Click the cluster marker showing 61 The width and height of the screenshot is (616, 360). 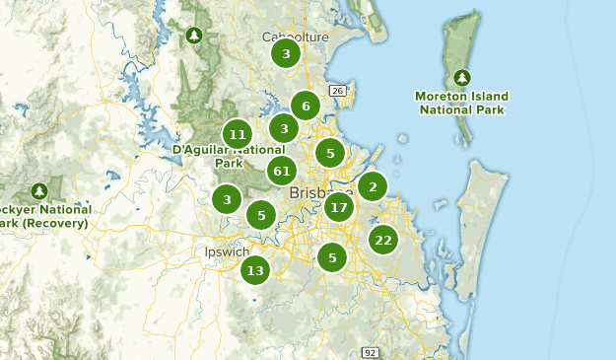pos(282,171)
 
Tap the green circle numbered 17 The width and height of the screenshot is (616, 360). pos(339,207)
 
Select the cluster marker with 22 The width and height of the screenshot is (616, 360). pos(383,239)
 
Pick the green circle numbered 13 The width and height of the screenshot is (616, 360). pos(255,269)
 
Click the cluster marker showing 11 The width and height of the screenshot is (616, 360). pos(237,134)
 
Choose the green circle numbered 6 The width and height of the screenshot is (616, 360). pos(306,106)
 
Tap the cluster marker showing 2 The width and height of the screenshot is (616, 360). pos(373,185)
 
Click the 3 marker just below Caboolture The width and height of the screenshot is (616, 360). pos(286,53)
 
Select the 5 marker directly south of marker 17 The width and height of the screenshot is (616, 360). pos(332,257)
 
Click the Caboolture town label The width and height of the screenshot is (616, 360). pos(294,36)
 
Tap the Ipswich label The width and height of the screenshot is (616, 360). pos(227,252)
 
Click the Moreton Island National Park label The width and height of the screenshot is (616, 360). pos(463,103)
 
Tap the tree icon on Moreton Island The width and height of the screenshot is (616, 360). pos(463,77)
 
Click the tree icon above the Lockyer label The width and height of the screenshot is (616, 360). pos(39,190)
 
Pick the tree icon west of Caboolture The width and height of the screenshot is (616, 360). pos(193,36)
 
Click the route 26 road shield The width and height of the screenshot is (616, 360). pos(337,91)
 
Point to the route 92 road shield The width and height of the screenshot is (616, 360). pos(370,352)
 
